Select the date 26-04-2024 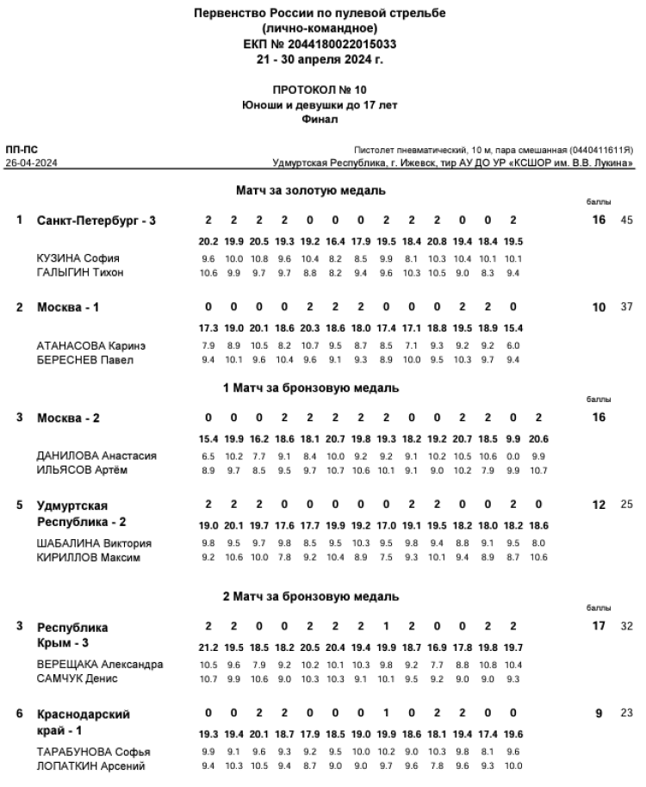click(x=29, y=162)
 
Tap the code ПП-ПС click(x=21, y=150)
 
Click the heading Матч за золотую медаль click(x=310, y=189)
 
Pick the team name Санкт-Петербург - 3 click(x=96, y=220)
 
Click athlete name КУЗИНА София click(x=78, y=258)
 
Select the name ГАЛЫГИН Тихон click(x=80, y=273)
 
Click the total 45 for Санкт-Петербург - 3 click(x=626, y=220)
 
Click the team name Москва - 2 click(x=68, y=418)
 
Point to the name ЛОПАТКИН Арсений click(x=90, y=766)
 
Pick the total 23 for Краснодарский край click(x=626, y=713)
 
